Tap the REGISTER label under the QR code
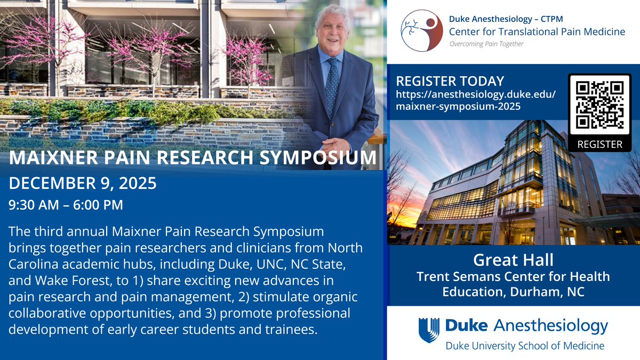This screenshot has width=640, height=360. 600,144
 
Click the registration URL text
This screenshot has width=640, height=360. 476,100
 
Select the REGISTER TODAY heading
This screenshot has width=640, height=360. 450,81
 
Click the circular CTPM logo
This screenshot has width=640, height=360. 421,30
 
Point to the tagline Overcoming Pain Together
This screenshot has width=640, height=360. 486,44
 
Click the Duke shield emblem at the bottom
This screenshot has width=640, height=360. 429,330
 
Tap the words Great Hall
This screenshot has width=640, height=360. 514,261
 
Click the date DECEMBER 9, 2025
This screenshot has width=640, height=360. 83,184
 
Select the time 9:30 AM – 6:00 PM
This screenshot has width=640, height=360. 66,204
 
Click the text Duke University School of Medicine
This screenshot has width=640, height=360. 525,346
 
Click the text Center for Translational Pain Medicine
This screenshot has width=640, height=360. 536,31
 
